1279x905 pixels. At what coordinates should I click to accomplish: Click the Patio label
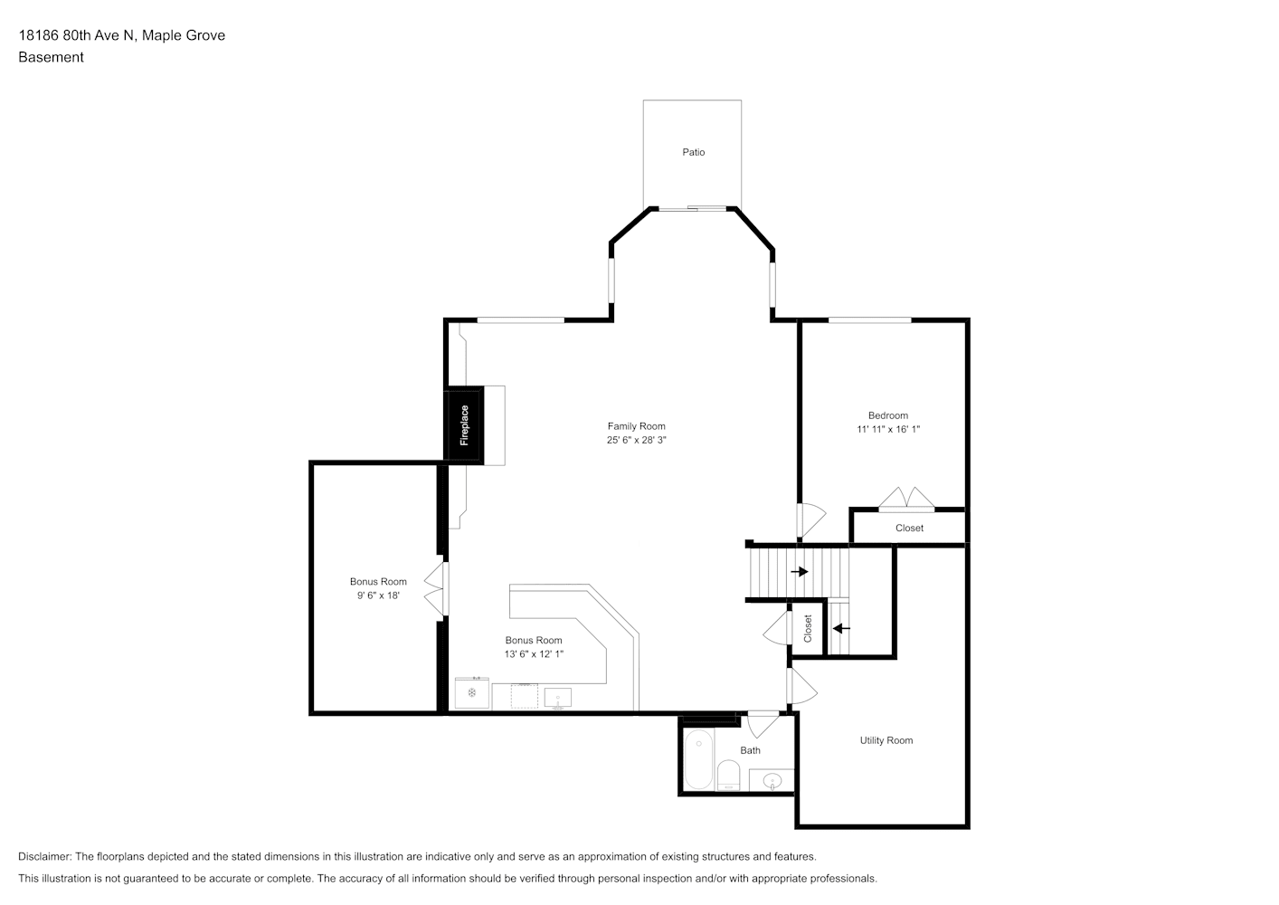pyautogui.click(x=693, y=152)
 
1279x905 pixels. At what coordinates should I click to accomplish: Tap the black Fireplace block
pyautogui.click(x=464, y=425)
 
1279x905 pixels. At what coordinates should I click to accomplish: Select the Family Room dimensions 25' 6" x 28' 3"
pyautogui.click(x=636, y=440)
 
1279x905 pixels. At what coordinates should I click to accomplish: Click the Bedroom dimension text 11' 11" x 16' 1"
pyautogui.click(x=888, y=429)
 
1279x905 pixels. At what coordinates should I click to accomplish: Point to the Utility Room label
pyautogui.click(x=886, y=740)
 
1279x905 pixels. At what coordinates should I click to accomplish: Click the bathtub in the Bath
pyautogui.click(x=698, y=760)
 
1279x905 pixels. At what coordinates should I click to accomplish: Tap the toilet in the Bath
pyautogui.click(x=728, y=776)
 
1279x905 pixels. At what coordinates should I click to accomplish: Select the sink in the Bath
pyautogui.click(x=772, y=780)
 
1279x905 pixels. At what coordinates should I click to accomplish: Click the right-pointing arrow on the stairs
pyautogui.click(x=800, y=571)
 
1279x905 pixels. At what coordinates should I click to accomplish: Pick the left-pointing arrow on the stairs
pyautogui.click(x=841, y=628)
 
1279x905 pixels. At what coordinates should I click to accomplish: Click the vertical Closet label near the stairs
pyautogui.click(x=808, y=628)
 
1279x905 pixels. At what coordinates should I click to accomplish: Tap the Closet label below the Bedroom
pyautogui.click(x=909, y=528)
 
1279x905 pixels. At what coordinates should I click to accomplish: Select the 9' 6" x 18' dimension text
pyautogui.click(x=378, y=595)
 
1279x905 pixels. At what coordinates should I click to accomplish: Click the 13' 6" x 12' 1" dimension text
pyautogui.click(x=534, y=654)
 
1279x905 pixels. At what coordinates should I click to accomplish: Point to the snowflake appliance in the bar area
pyautogui.click(x=472, y=693)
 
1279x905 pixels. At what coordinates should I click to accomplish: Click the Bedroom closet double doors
pyautogui.click(x=906, y=499)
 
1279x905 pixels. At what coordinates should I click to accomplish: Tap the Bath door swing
pyautogui.click(x=763, y=724)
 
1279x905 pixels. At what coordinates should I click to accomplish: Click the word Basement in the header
pyautogui.click(x=51, y=57)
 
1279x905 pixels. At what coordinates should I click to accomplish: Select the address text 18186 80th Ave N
pyautogui.click(x=77, y=35)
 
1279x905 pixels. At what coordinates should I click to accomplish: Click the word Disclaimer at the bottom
pyautogui.click(x=45, y=856)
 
